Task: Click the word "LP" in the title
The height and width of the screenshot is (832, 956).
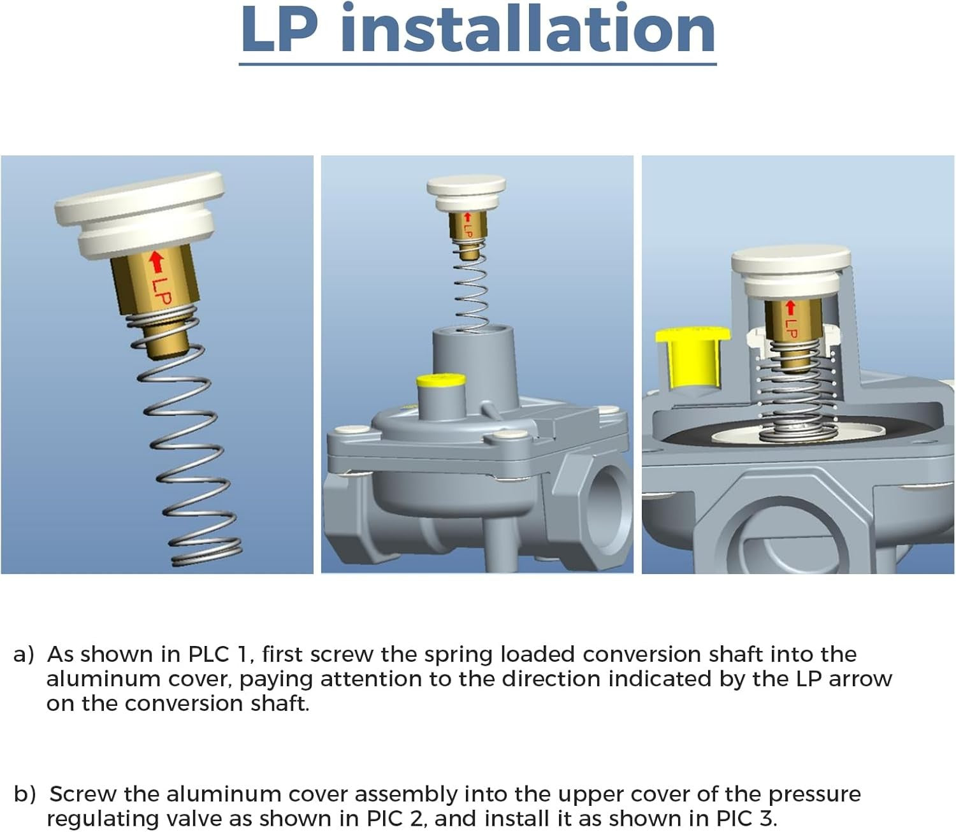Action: coord(279,29)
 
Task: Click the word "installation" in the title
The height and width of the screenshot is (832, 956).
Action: coord(528,29)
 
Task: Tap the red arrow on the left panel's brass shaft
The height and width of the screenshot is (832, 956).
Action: coord(157,261)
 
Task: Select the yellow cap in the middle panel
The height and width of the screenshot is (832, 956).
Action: coord(440,380)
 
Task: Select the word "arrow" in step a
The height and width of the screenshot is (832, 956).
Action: coord(860,680)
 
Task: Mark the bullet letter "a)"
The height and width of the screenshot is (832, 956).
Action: coord(24,655)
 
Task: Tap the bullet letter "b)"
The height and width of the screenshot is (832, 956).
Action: coord(25,794)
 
